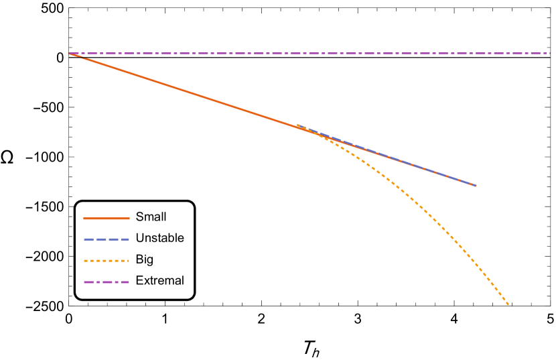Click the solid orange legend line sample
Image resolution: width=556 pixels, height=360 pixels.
(x=107, y=218)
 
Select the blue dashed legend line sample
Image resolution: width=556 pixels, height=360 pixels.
(x=107, y=239)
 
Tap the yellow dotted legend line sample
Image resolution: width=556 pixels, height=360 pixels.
(x=107, y=261)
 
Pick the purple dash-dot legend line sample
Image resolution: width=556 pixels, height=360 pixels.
(x=107, y=282)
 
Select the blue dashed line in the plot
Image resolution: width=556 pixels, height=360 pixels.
(x=402, y=162)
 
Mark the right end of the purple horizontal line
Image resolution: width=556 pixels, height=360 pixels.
(x=549, y=54)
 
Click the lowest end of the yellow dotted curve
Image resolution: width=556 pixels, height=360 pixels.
(x=508, y=304)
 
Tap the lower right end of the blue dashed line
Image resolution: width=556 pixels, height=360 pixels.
(x=475, y=185)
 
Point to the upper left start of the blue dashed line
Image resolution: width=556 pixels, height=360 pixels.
(x=297, y=125)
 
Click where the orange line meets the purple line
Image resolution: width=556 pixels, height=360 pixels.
(x=70, y=54)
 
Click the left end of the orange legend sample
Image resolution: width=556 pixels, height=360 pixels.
(x=84, y=218)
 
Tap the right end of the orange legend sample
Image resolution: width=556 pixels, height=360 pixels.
(x=129, y=218)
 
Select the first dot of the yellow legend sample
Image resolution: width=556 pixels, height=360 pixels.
(x=85, y=261)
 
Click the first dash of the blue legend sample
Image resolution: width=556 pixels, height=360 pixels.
(x=88, y=239)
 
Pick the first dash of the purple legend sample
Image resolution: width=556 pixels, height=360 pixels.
(x=87, y=282)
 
